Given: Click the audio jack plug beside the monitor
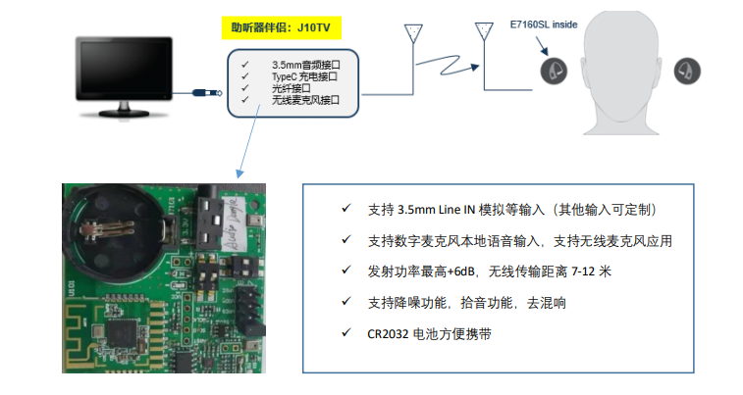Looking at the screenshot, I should click(x=205, y=94).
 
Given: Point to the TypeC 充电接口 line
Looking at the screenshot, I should click(x=305, y=76).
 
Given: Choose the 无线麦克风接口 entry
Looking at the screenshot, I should click(x=305, y=100).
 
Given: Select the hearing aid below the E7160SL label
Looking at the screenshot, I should click(x=552, y=70).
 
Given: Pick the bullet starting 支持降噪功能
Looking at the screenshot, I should click(x=452, y=302).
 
